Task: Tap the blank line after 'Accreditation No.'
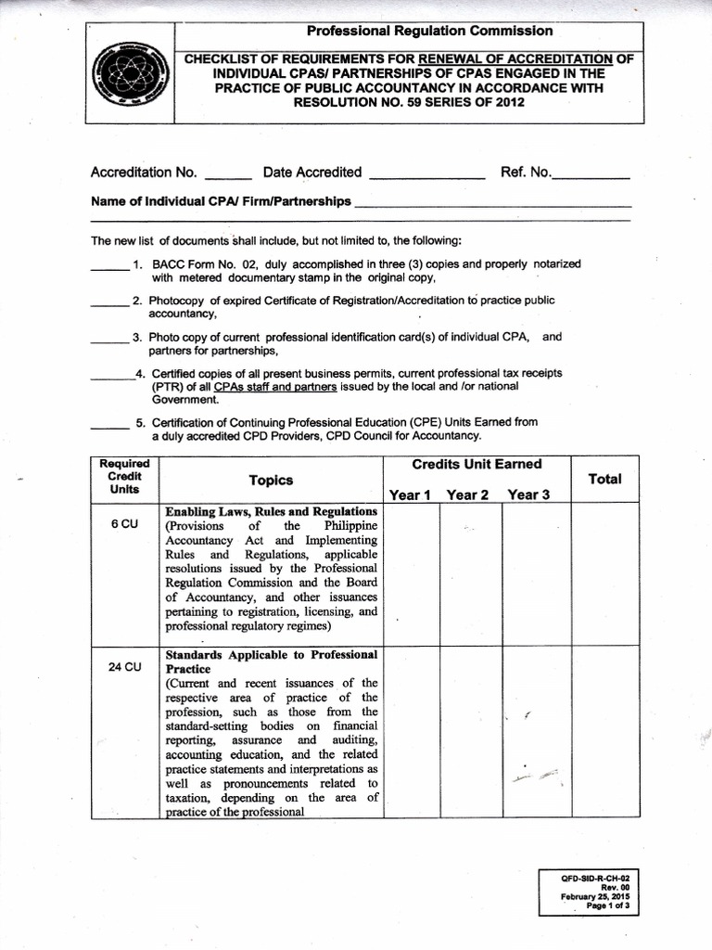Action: pyautogui.click(x=227, y=176)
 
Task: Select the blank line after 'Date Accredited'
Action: pyautogui.click(x=426, y=176)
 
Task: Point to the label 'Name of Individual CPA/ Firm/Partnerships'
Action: pyautogui.click(x=221, y=201)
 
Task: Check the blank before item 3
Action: pyautogui.click(x=108, y=341)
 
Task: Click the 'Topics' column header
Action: pyautogui.click(x=271, y=480)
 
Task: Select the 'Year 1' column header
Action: pyautogui.click(x=410, y=494)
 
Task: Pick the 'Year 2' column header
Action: pyautogui.click(x=467, y=494)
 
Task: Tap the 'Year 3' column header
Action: pyautogui.click(x=528, y=494)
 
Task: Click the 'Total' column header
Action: pyautogui.click(x=605, y=479)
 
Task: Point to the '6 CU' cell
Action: pyautogui.click(x=124, y=524)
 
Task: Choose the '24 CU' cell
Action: pyautogui.click(x=124, y=667)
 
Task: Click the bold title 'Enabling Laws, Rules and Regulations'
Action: pyautogui.click(x=271, y=511)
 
